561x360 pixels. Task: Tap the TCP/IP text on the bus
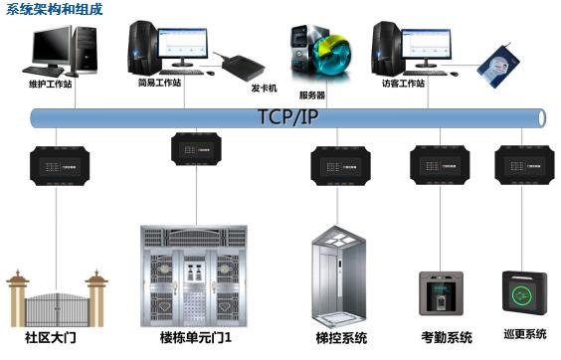click(x=288, y=115)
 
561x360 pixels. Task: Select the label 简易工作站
click(x=159, y=84)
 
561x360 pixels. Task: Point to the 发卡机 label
click(x=264, y=88)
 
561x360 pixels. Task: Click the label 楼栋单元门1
click(x=202, y=338)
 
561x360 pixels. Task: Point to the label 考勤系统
click(x=447, y=338)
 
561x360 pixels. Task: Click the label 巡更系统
click(x=523, y=334)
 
